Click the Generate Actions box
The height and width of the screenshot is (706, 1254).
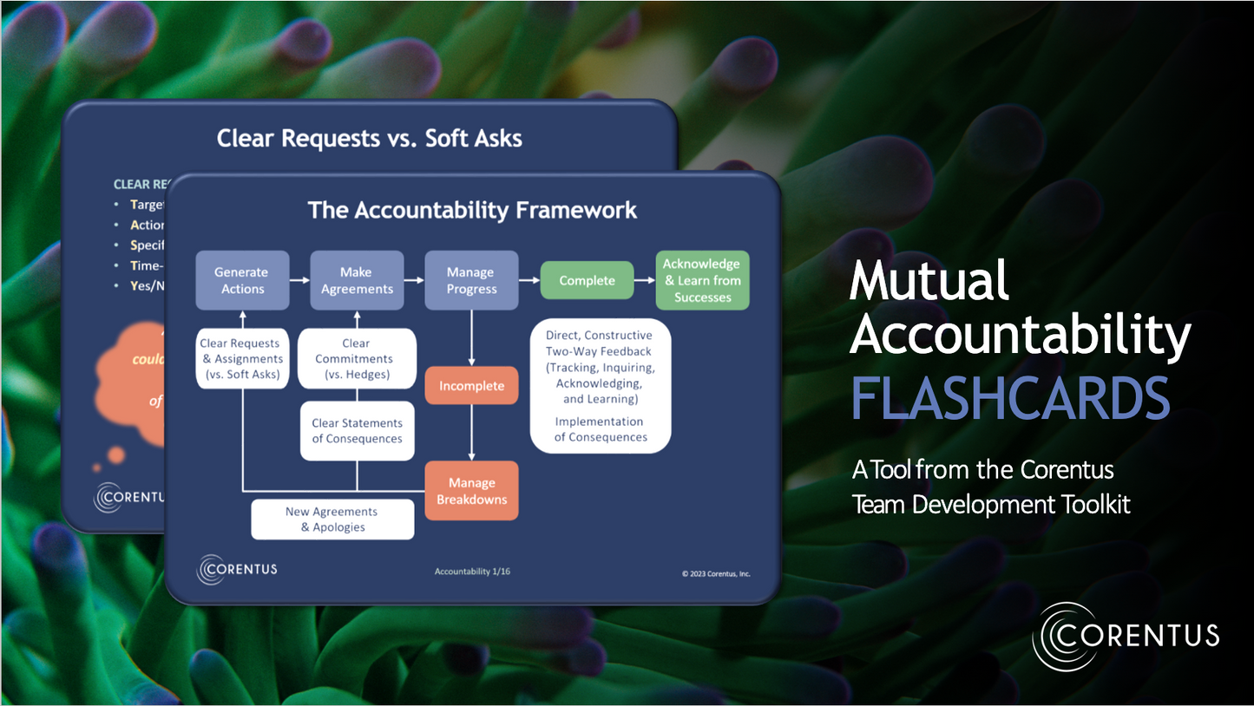(242, 280)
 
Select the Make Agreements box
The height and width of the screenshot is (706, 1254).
(357, 280)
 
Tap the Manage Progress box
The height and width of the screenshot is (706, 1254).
(471, 280)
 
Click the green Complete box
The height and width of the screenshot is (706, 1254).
(587, 280)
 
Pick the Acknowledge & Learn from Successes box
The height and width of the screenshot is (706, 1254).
(702, 280)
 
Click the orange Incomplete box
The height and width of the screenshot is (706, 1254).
(471, 386)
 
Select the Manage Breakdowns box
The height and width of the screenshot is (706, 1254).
(471, 491)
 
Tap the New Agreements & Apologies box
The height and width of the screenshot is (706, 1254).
(332, 520)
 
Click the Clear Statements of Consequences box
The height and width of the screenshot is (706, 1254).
(357, 431)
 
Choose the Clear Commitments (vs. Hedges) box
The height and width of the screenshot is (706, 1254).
(357, 359)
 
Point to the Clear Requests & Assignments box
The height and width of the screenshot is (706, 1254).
(242, 359)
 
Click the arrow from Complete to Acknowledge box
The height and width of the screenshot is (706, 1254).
(644, 280)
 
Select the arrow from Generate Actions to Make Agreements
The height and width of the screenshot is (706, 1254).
(299, 280)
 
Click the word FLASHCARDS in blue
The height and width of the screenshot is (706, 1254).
(1010, 398)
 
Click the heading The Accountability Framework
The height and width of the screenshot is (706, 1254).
(472, 210)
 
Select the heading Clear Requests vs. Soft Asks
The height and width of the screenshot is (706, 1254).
(369, 138)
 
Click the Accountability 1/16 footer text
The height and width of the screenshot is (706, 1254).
(472, 572)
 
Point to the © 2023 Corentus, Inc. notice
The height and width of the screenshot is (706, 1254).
(716, 573)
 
